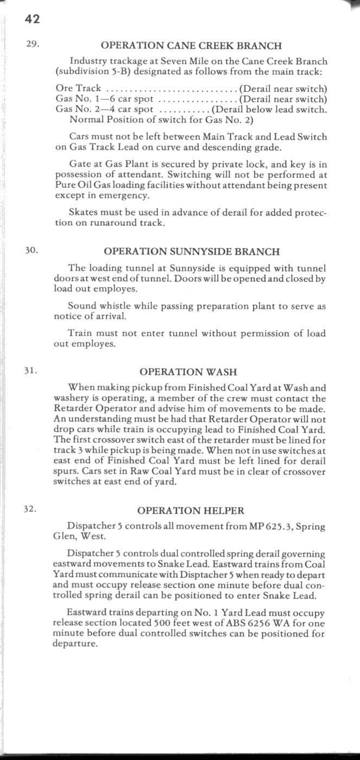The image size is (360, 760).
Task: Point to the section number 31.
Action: pos(31,371)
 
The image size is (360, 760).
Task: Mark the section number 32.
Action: pos(31,509)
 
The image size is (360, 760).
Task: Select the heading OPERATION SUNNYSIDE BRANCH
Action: pos(192,252)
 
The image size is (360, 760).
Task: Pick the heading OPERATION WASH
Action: pos(188,372)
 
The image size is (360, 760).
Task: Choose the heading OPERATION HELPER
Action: pos(191,511)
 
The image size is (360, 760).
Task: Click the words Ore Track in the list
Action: pos(78,88)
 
